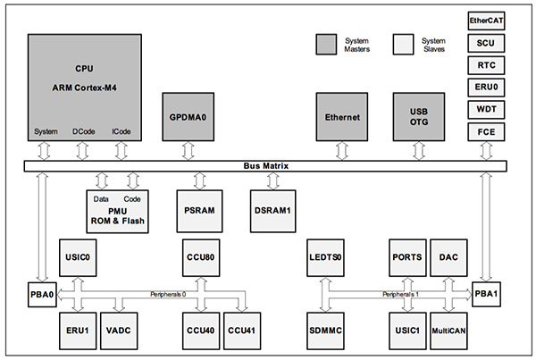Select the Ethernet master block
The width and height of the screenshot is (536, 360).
343,117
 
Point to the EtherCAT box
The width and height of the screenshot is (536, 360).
487,19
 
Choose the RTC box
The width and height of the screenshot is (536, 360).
487,64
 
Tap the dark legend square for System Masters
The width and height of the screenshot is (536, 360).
326,43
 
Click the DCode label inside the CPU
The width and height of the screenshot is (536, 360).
83,132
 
